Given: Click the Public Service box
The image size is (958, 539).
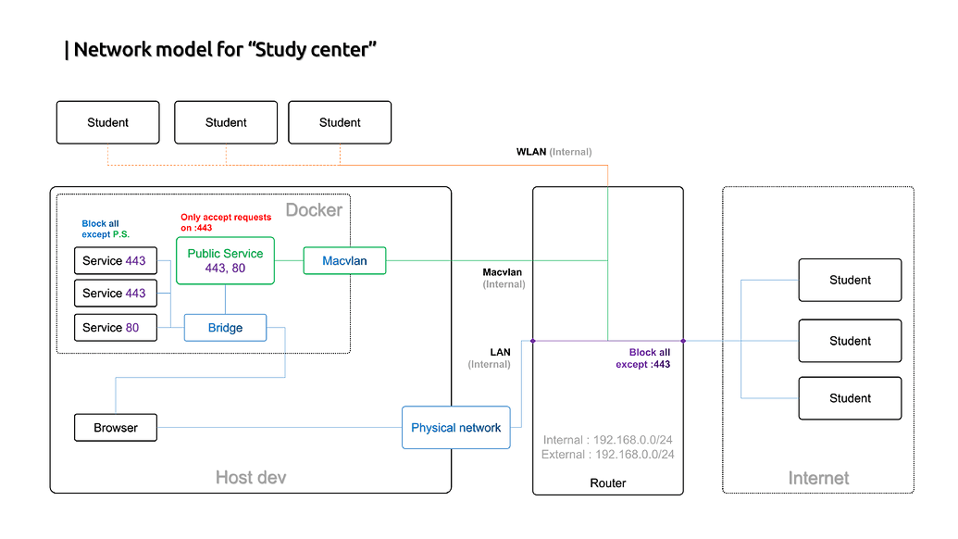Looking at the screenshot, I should [225, 260].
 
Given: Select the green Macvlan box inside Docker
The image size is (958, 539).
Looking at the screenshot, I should [344, 261].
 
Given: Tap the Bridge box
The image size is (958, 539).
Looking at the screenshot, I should [225, 328].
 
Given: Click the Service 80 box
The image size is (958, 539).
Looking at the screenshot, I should [116, 328].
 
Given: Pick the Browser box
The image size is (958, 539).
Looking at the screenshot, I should [116, 428].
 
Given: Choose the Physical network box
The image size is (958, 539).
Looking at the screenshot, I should [455, 428].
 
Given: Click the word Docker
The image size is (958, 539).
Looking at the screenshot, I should [314, 210].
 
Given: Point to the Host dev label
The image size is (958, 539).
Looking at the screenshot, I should [250, 478].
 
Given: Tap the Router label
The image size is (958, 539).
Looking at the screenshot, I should [607, 483].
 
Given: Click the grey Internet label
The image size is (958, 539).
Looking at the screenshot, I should [818, 478].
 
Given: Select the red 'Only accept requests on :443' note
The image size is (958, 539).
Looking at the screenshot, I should [226, 222].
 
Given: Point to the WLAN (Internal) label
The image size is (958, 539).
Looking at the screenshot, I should [554, 152].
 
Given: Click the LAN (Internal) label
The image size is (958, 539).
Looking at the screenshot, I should [490, 358].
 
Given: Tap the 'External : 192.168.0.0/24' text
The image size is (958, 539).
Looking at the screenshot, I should [608, 455].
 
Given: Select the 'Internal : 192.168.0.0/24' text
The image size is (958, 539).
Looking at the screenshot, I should [608, 440].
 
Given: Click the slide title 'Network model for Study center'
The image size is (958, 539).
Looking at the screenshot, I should [223, 50].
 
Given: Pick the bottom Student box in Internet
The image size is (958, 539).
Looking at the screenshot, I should [850, 398].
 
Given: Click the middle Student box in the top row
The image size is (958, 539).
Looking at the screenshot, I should [226, 122].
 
